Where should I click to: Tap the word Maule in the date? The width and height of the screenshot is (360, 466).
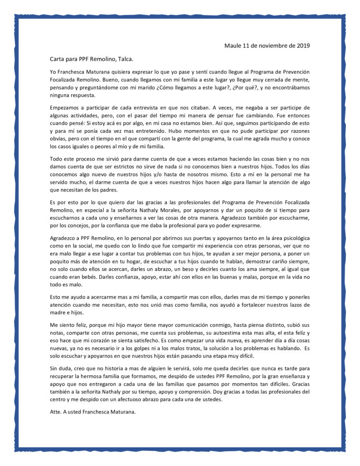[233, 46]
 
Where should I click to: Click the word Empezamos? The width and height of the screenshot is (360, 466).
[66, 107]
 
